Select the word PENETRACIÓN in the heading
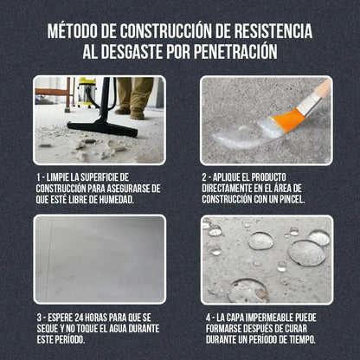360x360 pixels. [x=232, y=53]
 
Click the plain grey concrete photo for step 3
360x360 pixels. [x=100, y=259]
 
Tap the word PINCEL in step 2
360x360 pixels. [x=297, y=199]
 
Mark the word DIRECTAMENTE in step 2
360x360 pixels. [x=229, y=189]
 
